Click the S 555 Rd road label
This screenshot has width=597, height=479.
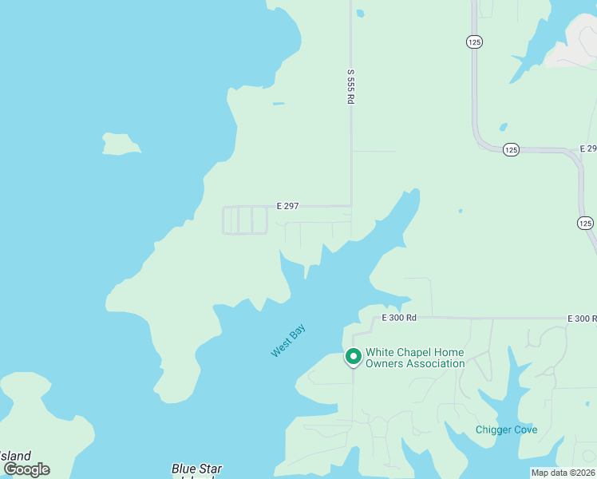(x=350, y=85)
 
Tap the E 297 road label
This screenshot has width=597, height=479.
(x=287, y=206)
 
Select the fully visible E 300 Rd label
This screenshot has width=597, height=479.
(x=399, y=318)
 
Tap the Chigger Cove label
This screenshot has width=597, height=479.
(x=506, y=430)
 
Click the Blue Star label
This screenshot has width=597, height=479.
(x=196, y=469)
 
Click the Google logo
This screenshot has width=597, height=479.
(x=26, y=469)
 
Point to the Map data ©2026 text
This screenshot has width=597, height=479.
(x=563, y=473)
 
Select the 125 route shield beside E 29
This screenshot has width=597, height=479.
(x=512, y=149)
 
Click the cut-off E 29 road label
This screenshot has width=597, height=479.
(x=588, y=149)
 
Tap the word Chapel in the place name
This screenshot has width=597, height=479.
(x=418, y=352)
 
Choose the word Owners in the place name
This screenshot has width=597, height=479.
(x=382, y=364)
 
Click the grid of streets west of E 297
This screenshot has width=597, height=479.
(x=244, y=220)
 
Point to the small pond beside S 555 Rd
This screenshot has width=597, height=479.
(x=360, y=14)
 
